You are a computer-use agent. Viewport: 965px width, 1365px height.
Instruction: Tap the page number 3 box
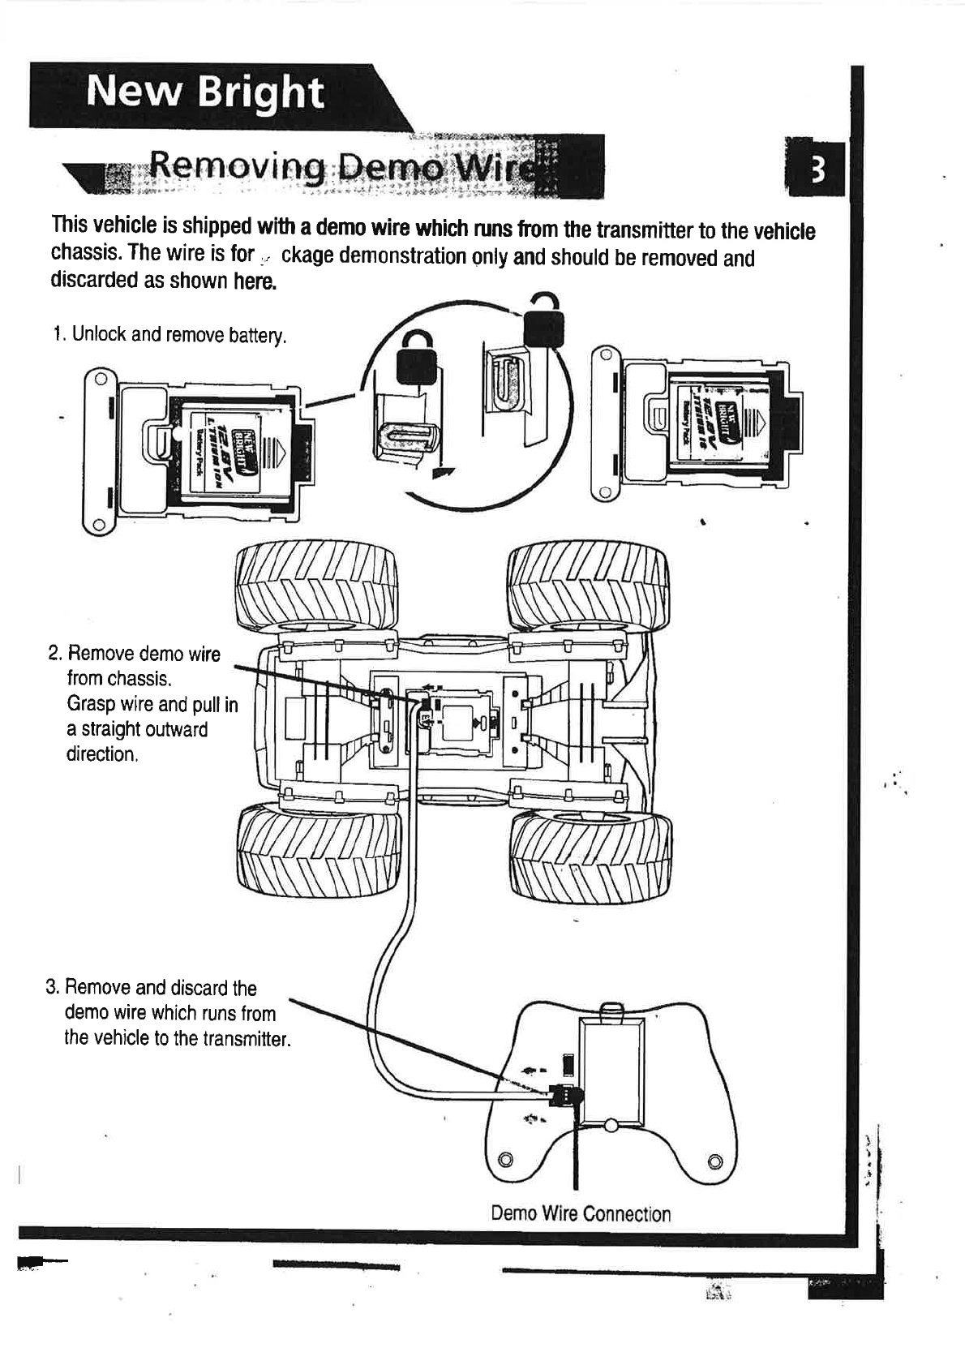(817, 170)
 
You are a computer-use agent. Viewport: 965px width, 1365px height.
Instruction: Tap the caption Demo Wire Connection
(581, 1214)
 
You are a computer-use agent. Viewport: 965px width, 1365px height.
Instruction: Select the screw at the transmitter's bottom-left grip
(505, 1157)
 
